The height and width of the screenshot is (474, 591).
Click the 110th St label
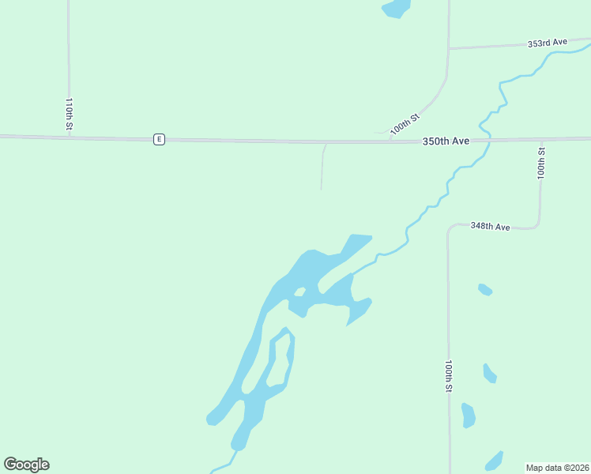tap(70, 114)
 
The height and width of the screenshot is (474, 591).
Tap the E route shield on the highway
tap(159, 139)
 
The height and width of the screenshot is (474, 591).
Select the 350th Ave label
tap(446, 141)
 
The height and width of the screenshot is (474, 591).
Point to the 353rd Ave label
tap(548, 43)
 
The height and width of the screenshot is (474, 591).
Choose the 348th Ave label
tap(490, 226)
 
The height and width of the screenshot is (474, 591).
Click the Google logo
tap(26, 465)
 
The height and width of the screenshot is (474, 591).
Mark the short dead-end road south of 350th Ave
tap(322, 167)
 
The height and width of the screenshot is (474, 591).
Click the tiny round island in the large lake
tap(299, 292)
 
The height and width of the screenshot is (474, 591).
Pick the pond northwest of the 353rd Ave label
tap(396, 8)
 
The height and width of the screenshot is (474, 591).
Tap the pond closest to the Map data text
tap(494, 461)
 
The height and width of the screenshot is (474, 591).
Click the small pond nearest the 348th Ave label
tap(485, 289)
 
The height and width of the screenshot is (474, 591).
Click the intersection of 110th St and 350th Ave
tap(70, 137)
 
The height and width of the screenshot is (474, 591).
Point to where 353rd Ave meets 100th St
tap(449, 49)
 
